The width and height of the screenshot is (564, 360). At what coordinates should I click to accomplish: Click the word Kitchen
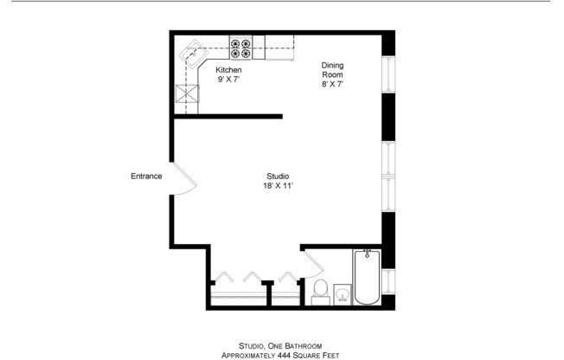228,69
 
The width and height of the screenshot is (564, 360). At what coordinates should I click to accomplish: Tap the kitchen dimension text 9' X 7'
228,79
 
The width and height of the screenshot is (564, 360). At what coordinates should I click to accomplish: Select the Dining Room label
333,70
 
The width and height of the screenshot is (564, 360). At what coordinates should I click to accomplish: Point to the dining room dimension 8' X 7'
333,85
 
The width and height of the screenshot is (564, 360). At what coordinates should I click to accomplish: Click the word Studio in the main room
277,177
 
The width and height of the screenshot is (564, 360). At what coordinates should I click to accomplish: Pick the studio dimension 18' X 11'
277,186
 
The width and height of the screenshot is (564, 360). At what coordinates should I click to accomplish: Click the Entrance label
146,177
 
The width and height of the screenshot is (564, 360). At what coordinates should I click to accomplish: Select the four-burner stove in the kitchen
241,48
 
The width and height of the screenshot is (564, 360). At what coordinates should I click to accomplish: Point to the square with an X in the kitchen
187,94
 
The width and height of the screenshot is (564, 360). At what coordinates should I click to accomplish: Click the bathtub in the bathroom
367,276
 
